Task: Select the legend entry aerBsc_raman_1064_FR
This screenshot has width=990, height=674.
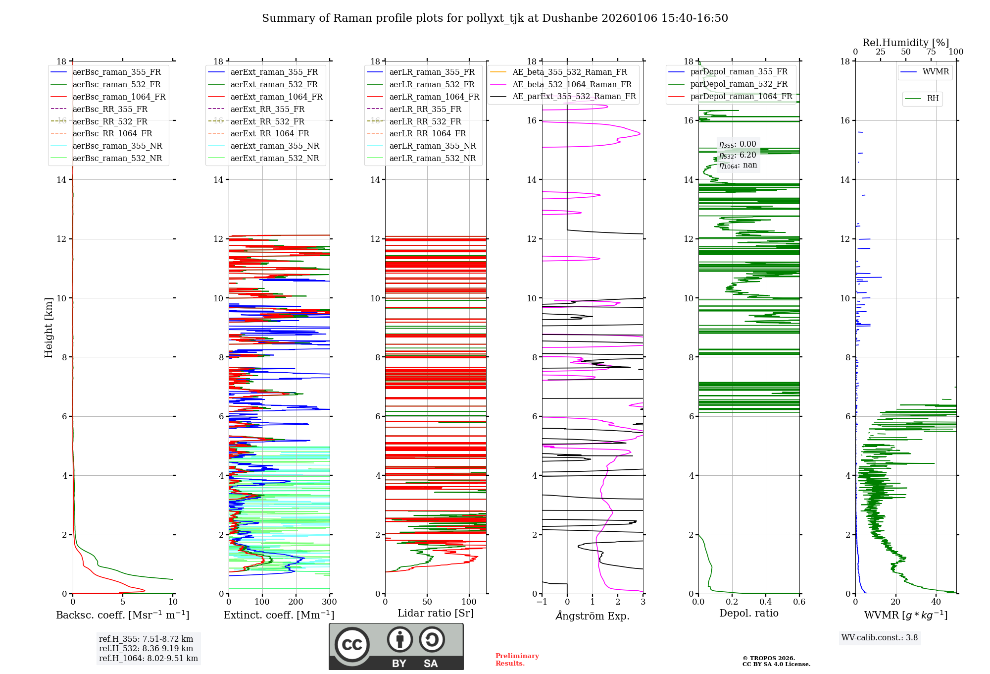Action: click(119, 97)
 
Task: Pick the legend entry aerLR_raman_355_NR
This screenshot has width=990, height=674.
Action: click(432, 146)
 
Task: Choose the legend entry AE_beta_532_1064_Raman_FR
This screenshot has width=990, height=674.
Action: click(572, 84)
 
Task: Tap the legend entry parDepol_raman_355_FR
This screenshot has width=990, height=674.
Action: click(739, 72)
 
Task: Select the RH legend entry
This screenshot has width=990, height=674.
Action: click(933, 99)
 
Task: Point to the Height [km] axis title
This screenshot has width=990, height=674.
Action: click(49, 328)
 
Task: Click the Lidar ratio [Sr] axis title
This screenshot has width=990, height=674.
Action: click(436, 613)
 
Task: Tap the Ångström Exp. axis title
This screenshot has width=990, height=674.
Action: click(593, 616)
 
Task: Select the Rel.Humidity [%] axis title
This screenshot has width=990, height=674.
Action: click(905, 43)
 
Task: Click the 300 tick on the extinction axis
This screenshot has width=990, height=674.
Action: click(329, 602)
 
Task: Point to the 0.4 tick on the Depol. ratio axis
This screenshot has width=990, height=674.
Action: click(765, 602)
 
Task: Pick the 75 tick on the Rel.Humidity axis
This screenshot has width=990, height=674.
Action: click(931, 52)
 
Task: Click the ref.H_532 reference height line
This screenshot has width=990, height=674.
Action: click(146, 648)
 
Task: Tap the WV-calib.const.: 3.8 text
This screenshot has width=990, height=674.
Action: click(880, 638)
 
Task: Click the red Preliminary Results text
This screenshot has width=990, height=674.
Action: click(517, 660)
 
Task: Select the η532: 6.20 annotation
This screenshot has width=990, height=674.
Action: click(738, 155)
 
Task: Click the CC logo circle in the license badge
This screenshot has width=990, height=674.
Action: click(352, 645)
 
